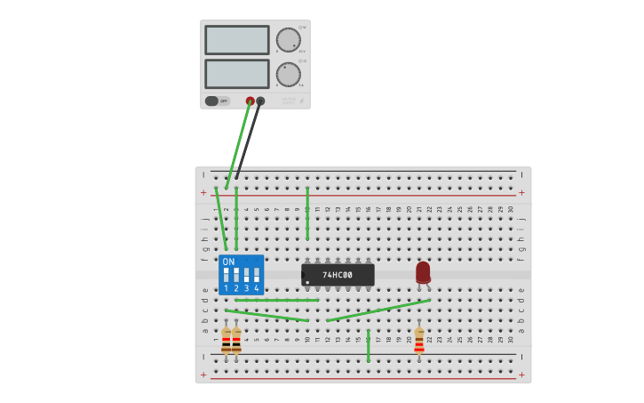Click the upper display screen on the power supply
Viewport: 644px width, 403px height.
click(x=237, y=40)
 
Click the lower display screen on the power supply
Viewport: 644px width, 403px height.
click(x=237, y=73)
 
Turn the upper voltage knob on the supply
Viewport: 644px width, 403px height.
click(x=288, y=40)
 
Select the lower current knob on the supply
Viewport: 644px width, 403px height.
click(x=288, y=74)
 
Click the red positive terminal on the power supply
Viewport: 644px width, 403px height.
click(x=250, y=101)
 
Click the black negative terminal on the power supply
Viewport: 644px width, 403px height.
click(x=260, y=101)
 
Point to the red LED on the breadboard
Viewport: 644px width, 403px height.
click(x=423, y=272)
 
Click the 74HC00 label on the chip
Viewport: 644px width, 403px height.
click(x=338, y=275)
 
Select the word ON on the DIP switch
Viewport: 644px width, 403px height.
click(x=228, y=262)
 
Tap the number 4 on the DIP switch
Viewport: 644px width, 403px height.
click(x=257, y=288)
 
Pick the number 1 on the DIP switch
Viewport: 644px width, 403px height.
click(x=226, y=288)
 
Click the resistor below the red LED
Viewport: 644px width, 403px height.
click(x=419, y=340)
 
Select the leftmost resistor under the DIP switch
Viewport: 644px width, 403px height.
click(x=226, y=340)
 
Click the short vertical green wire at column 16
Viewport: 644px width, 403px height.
click(x=368, y=346)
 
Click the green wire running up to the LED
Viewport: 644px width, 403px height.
click(x=378, y=310)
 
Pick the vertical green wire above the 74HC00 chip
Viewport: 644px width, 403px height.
click(x=307, y=214)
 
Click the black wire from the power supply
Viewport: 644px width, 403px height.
click(x=248, y=141)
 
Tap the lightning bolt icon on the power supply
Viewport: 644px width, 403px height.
click(x=301, y=101)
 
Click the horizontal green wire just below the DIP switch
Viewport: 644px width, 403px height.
click(x=275, y=300)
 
